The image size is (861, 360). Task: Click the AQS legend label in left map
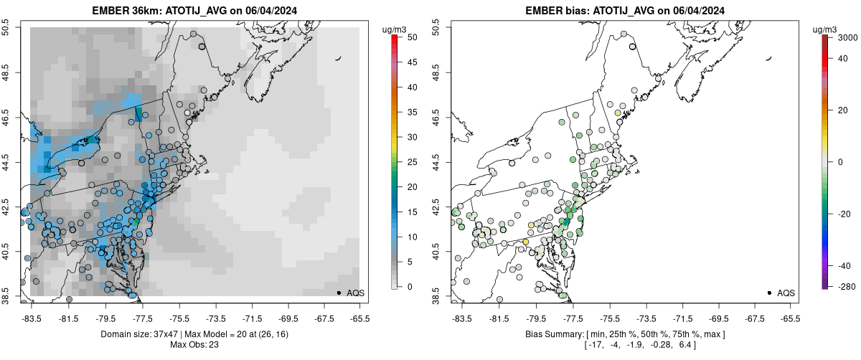click(355, 293)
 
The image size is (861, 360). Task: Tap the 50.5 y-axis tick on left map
click(6, 27)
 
